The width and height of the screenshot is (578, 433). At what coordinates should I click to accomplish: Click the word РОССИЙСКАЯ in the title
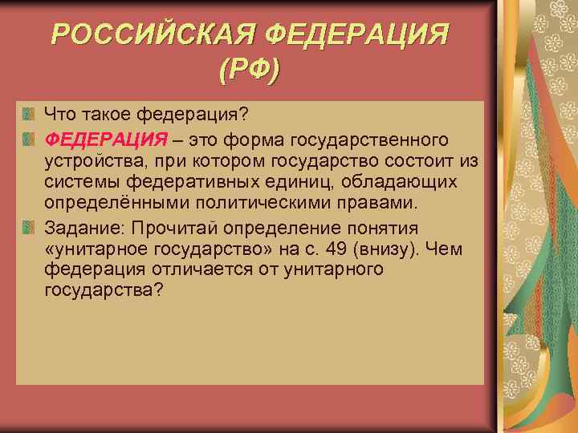coord(152,35)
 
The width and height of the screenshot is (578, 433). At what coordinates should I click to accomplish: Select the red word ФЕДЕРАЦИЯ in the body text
coord(106,141)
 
